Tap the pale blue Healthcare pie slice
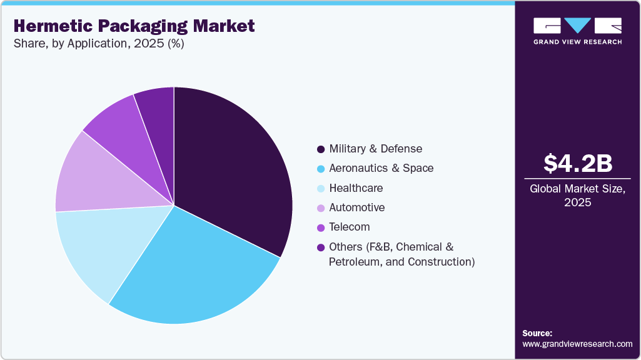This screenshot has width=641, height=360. [100, 250]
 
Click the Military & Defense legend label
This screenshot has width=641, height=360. [375, 149]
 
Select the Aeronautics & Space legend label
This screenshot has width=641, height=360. [381, 168]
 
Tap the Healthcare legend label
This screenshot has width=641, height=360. [356, 188]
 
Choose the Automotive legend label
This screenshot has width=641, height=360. [356, 207]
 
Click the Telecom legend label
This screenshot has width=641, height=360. [349, 227]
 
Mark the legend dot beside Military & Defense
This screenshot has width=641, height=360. [321, 149]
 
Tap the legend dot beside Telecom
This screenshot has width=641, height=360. [321, 227]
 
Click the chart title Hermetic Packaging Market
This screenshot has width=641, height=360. [134, 26]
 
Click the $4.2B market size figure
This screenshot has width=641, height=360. [578, 164]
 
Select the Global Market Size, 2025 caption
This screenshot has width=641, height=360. [578, 196]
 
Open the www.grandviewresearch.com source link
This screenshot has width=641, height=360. [577, 344]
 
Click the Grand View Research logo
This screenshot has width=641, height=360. [577, 31]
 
